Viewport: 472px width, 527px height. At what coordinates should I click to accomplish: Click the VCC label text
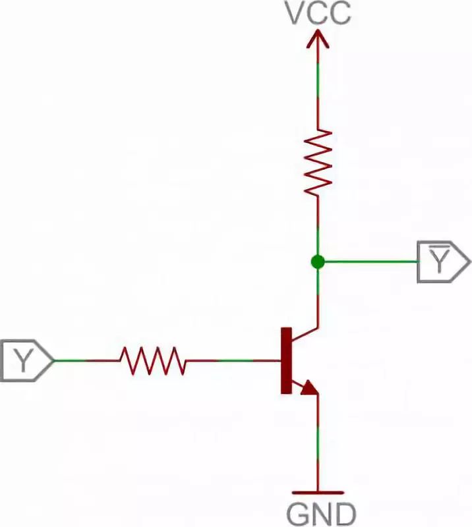tap(318, 13)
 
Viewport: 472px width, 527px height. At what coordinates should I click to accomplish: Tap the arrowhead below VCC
tap(318, 41)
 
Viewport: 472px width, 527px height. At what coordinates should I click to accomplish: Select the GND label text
tap(322, 513)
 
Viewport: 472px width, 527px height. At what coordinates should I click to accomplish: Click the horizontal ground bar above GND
tap(318, 492)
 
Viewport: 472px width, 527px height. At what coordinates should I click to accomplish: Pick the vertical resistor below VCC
tap(318, 161)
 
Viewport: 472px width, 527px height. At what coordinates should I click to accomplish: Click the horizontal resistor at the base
tap(152, 360)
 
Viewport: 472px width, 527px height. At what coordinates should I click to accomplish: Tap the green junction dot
tap(318, 262)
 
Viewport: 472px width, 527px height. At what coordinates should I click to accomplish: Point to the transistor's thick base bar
tap(286, 360)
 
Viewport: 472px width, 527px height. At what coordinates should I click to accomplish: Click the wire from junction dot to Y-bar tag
tap(369, 262)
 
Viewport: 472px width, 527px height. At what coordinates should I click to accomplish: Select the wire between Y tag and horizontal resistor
tap(86, 360)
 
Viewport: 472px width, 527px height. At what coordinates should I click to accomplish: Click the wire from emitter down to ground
tap(318, 441)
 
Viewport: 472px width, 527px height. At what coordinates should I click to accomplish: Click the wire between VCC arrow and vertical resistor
tap(318, 92)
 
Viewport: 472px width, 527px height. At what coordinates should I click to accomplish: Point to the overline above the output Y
tap(436, 247)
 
